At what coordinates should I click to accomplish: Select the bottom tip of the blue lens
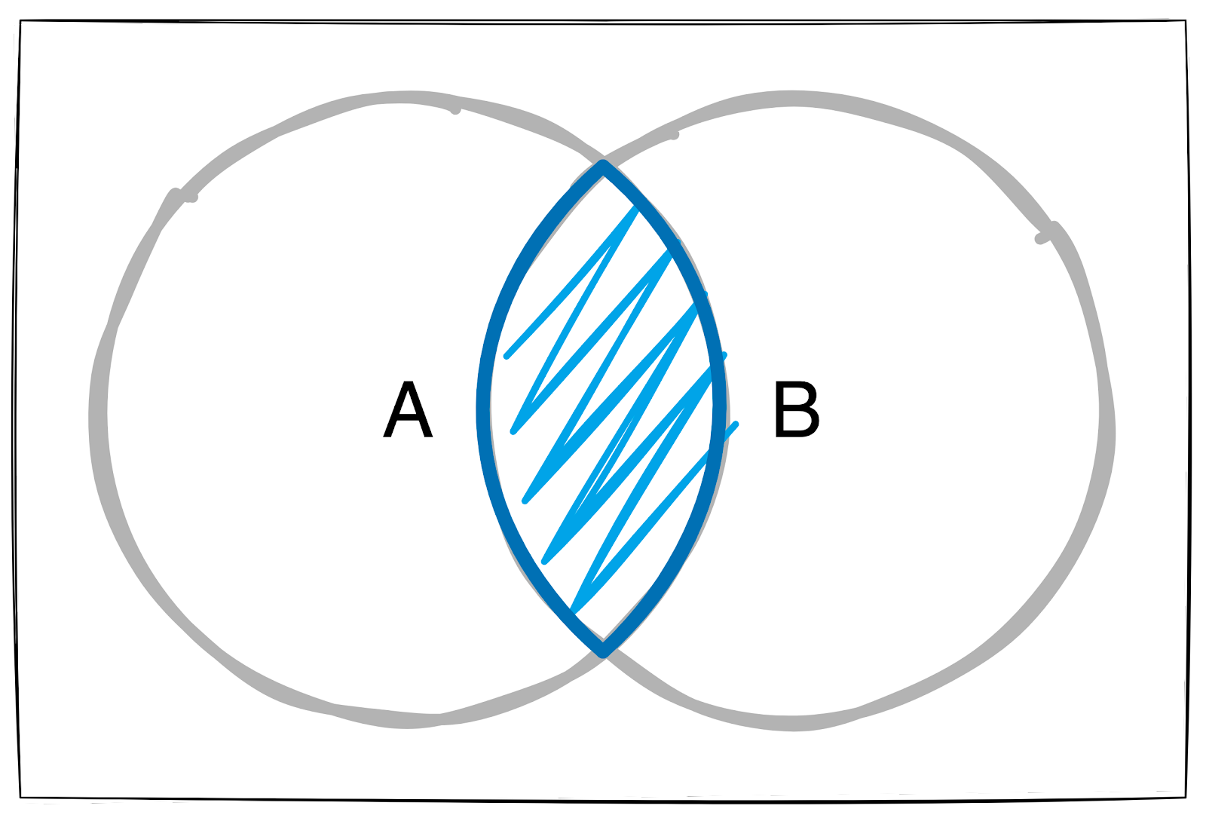[603, 650]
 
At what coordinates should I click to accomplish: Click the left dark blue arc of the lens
[484, 407]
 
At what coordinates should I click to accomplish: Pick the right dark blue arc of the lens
[719, 407]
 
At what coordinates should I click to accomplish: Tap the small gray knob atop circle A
[455, 110]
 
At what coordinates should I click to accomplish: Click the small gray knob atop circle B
[674, 135]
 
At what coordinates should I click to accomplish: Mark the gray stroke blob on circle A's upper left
[188, 198]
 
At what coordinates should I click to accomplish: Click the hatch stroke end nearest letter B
[735, 424]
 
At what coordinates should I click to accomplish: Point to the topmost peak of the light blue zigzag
[637, 207]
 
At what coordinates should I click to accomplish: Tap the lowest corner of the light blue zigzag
[571, 610]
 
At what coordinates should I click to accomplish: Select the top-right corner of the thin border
[1186, 20]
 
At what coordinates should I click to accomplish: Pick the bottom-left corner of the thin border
[21, 796]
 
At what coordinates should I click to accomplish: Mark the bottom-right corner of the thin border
[1183, 792]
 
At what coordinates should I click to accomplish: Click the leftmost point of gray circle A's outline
[98, 415]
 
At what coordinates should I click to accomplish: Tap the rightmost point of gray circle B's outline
[1107, 422]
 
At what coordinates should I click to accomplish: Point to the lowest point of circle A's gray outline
[407, 721]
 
